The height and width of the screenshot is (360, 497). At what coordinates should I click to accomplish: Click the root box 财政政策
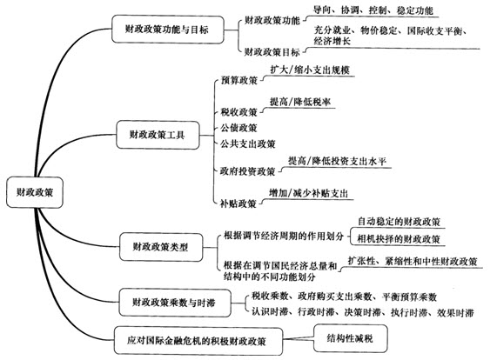(x=35, y=192)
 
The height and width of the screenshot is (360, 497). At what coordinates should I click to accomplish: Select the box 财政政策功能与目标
(x=168, y=29)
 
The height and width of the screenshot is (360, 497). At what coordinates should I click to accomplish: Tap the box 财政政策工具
(x=158, y=135)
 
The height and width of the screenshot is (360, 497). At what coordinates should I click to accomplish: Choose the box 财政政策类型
(x=161, y=247)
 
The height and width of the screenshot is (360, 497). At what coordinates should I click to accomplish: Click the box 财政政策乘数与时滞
(x=175, y=303)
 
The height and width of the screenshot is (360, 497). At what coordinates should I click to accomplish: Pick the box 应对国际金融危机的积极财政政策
(x=198, y=341)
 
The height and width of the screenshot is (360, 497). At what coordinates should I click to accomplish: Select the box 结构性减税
(x=350, y=338)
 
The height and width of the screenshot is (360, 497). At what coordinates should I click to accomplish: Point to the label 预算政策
(x=239, y=80)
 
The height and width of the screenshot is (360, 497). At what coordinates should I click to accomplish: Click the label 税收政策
(x=238, y=112)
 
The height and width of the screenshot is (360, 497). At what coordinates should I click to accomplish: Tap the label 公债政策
(x=238, y=128)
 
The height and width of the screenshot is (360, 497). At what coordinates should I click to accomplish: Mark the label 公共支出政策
(x=247, y=144)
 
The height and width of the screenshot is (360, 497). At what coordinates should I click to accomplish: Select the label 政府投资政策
(x=247, y=171)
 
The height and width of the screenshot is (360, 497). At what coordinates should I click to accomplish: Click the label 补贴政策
(x=238, y=203)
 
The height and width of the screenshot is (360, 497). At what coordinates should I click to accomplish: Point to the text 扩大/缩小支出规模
(x=310, y=70)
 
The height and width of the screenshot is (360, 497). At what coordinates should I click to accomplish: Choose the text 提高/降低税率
(x=300, y=102)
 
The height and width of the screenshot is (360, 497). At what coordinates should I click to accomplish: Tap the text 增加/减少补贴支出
(x=308, y=193)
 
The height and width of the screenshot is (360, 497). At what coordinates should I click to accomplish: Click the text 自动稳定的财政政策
(x=399, y=222)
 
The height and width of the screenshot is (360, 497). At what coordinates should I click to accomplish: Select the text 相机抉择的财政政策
(x=399, y=239)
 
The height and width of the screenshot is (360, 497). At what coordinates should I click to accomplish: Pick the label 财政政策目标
(x=272, y=52)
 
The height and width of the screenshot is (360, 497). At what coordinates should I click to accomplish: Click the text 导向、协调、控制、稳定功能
(x=373, y=10)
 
